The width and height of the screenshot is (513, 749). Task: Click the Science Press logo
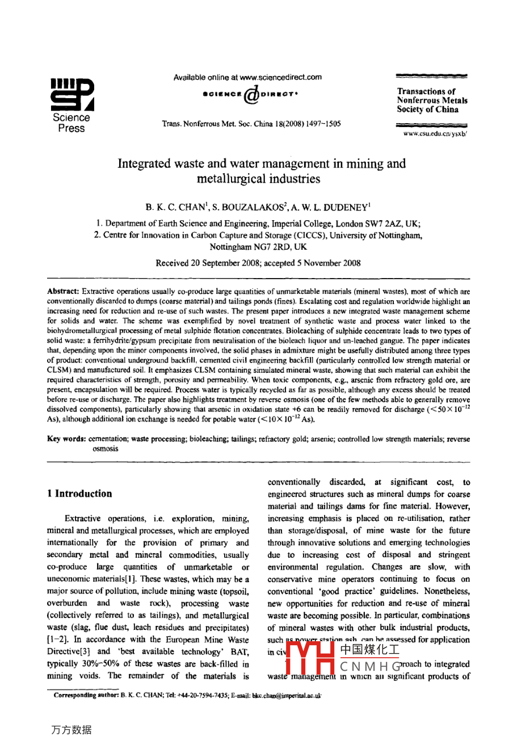pos(72,106)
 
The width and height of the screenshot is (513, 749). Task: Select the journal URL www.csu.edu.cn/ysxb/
pos(435,134)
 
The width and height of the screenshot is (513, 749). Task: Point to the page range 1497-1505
pos(322,124)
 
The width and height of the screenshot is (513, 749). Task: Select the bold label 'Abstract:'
pos(63,291)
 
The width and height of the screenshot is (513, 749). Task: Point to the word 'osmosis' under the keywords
pos(106,449)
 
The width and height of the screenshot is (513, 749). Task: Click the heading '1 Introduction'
pos(79,494)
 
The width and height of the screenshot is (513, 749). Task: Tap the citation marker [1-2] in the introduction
pos(56,640)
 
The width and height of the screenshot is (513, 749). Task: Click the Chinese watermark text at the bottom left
pos(71,730)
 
